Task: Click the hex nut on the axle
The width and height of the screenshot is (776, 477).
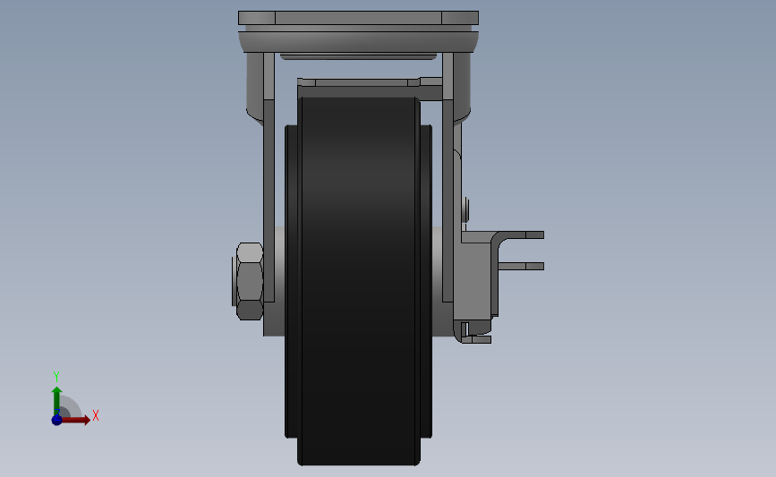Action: (x=250, y=281)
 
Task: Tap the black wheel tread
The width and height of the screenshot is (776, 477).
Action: (x=358, y=280)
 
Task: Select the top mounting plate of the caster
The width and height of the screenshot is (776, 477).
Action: (x=358, y=18)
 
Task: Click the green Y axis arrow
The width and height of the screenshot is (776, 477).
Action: (x=57, y=402)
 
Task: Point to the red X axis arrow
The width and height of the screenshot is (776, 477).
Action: (x=74, y=420)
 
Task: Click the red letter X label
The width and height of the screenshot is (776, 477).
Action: (x=96, y=415)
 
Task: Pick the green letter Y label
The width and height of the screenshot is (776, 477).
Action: (x=55, y=377)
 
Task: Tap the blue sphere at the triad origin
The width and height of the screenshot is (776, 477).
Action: (x=57, y=420)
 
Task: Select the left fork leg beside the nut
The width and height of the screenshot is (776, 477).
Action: (x=269, y=198)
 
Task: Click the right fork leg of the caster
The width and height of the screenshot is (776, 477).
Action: (x=448, y=198)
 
